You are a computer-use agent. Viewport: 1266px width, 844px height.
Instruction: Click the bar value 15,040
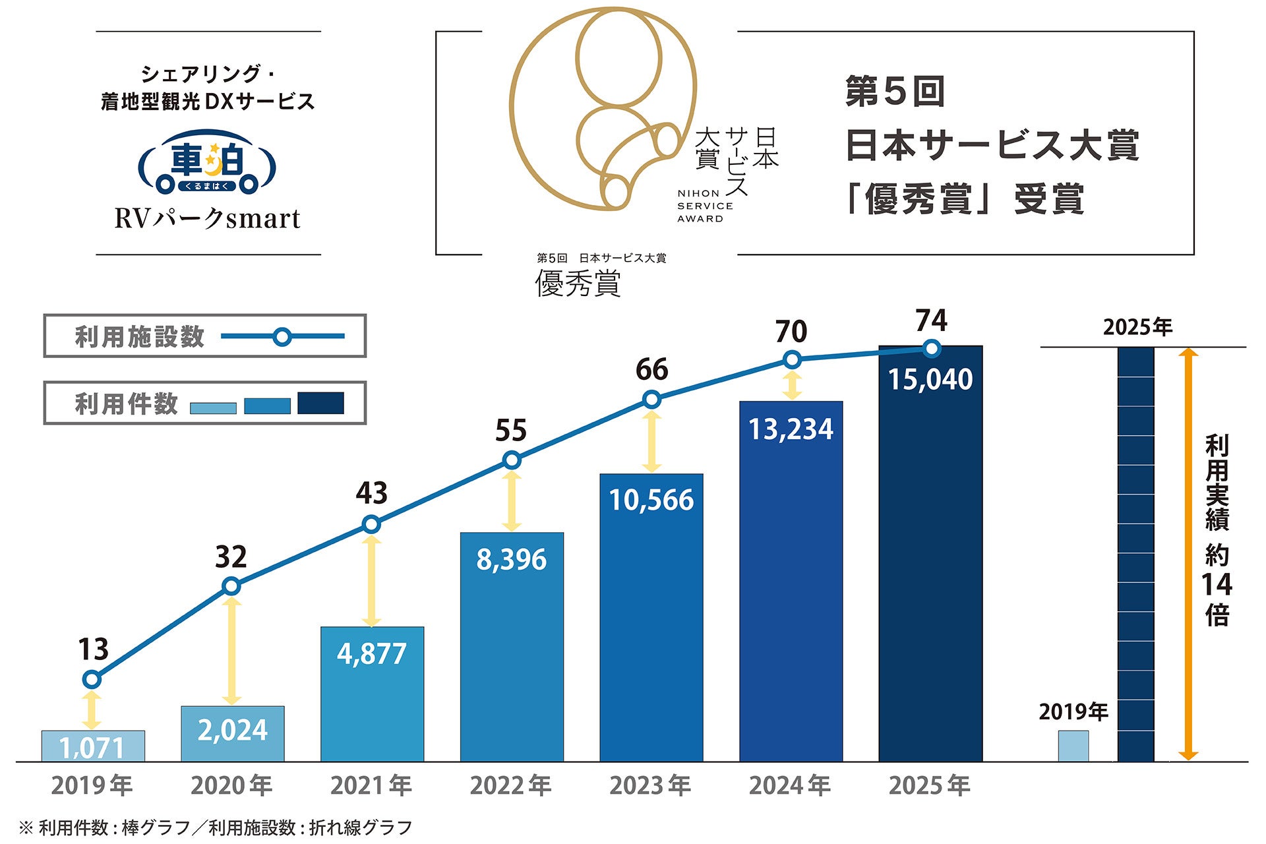tap(930, 380)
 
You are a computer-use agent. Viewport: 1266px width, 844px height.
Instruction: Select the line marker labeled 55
tap(512, 460)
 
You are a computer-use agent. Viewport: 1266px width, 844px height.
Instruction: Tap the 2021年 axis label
tap(371, 785)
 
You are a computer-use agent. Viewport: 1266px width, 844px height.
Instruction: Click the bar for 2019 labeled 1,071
tap(93, 746)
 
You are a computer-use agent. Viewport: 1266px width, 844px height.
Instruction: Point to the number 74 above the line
tap(931, 321)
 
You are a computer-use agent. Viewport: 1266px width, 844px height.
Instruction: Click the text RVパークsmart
tap(207, 219)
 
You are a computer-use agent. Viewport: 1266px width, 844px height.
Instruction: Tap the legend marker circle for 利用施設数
tap(282, 337)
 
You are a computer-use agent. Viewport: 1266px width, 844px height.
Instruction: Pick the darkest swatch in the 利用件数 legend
tap(320, 403)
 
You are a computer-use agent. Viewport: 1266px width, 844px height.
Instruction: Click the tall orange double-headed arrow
tap(1188, 554)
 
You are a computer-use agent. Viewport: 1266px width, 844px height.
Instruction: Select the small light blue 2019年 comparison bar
tap(1073, 746)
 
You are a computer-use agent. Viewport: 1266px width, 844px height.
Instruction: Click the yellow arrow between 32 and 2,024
tap(231, 651)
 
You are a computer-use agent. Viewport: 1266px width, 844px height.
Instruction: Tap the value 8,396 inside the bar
tap(512, 560)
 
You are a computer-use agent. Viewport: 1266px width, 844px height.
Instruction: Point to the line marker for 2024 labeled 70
tap(793, 360)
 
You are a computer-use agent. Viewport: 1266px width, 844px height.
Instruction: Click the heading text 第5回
tap(895, 92)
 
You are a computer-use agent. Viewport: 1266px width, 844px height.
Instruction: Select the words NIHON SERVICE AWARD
tap(704, 206)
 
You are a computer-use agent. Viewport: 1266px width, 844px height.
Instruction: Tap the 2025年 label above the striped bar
tap(1137, 327)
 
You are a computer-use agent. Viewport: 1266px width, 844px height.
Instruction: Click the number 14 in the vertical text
tap(1217, 585)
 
